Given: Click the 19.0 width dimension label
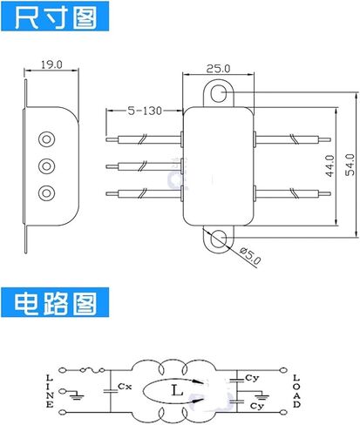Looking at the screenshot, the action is point(51,64).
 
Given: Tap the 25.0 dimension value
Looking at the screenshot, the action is point(218,69).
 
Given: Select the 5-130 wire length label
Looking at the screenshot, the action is point(145,111).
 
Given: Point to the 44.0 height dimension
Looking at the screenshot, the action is point(330,165).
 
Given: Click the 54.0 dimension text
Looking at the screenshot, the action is point(350,165).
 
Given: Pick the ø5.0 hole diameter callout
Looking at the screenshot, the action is point(250,255).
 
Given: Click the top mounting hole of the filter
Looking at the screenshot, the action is point(218,93).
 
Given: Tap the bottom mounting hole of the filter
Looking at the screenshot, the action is point(218,239).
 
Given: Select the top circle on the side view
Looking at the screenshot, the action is point(46,139).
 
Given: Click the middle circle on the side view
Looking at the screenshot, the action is point(46,166).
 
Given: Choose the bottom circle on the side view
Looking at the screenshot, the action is point(46,193).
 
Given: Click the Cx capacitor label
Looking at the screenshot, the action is point(125,387).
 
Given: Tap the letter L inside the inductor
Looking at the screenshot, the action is point(177,390).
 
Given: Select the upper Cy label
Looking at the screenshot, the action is point(252,378).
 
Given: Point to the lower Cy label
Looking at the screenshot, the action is point(256,406).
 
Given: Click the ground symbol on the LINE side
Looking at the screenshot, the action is point(76,395).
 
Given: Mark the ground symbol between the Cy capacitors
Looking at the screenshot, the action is point(262,395).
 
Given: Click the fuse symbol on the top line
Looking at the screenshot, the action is point(92,370).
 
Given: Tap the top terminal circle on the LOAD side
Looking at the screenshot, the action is point(283,370).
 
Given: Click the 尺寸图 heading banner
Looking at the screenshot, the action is point(55,16).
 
